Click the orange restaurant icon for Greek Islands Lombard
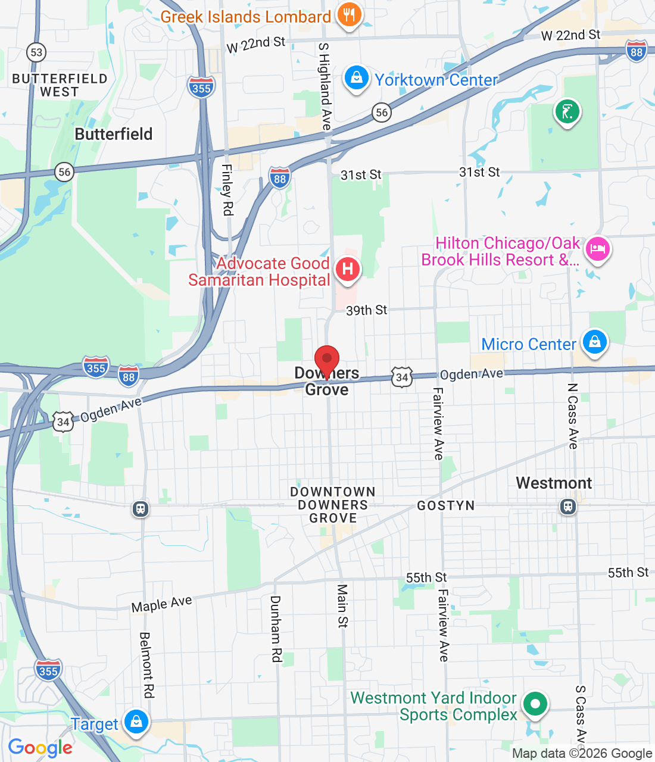(x=349, y=15)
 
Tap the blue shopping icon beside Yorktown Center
(x=356, y=79)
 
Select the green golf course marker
(x=567, y=112)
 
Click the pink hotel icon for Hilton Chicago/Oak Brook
(x=597, y=249)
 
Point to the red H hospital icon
(x=348, y=269)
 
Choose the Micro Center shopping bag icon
(x=594, y=342)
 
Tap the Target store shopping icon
(x=136, y=722)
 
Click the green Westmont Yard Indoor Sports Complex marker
(x=535, y=704)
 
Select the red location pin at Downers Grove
(x=326, y=360)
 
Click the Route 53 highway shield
(x=36, y=52)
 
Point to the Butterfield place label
(x=113, y=134)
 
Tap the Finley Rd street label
(x=227, y=189)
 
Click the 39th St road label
(x=366, y=310)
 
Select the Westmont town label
(x=554, y=483)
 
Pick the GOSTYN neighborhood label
(x=445, y=505)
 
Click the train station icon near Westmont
(x=568, y=507)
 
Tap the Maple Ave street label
(x=161, y=604)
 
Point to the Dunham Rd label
(x=276, y=628)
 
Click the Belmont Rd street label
(x=146, y=665)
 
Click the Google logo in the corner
(x=40, y=748)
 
